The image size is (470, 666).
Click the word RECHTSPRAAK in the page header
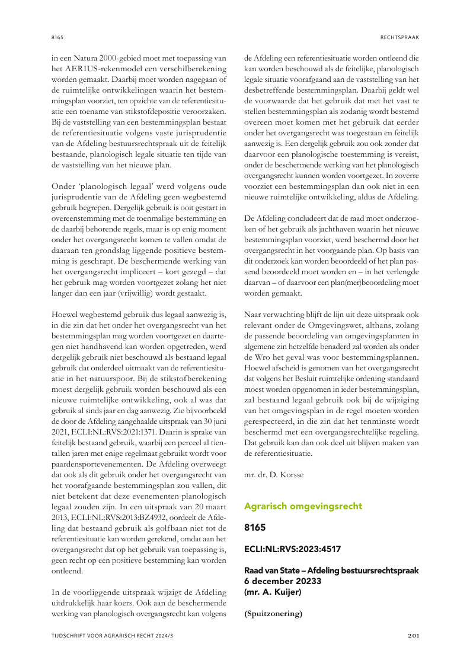point(399,37)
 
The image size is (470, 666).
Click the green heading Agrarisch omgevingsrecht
point(303,506)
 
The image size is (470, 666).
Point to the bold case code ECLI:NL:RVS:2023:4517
point(292,549)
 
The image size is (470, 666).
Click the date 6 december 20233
point(283,581)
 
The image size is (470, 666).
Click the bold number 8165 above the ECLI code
point(255,527)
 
